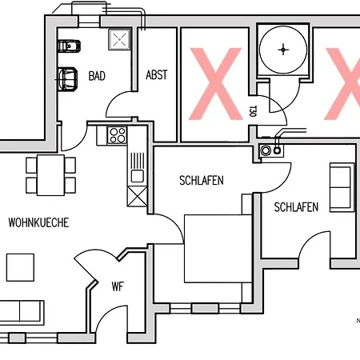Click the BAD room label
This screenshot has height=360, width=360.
tap(97, 76)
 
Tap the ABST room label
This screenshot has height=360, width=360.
tap(157, 75)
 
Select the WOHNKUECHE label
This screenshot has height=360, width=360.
tap(38, 222)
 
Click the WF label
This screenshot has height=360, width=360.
tap(118, 286)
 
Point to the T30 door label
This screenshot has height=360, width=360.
tap(253, 111)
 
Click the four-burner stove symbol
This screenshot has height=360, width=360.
tap(118, 135)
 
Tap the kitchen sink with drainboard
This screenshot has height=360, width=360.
tap(138, 168)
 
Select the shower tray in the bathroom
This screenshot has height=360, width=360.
tap(119, 39)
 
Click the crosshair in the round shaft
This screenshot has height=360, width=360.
tap(283, 50)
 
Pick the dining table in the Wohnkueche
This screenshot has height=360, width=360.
tap(50, 175)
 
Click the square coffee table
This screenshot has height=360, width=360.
tap(20, 267)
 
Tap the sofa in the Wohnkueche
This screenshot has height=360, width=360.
tap(22, 313)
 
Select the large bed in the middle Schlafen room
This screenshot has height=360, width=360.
tap(218, 249)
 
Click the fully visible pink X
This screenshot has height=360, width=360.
tap(215, 84)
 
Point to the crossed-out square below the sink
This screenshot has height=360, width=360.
tap(138, 197)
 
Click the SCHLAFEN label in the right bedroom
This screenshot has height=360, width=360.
tap(296, 207)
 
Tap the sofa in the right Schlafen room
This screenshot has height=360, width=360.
tap(342, 187)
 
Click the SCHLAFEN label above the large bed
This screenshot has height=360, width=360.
tap(202, 181)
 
